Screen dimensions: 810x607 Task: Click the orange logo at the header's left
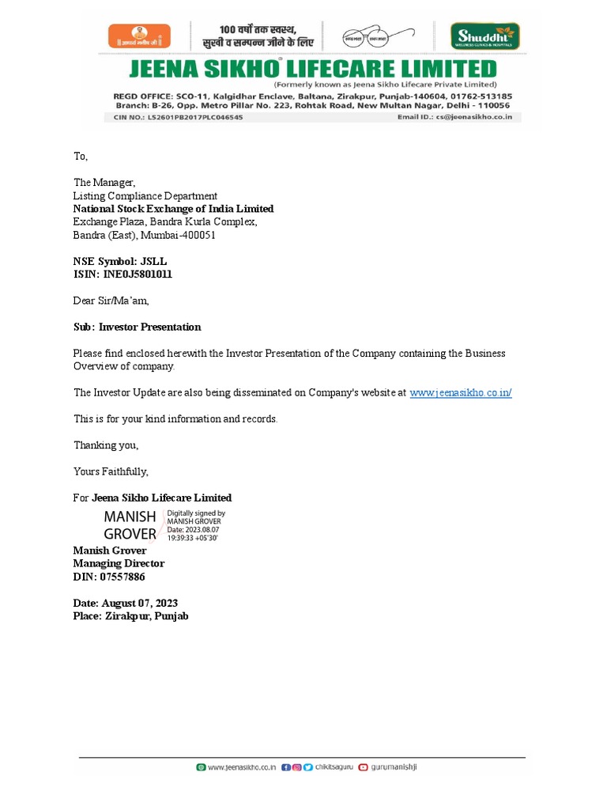[138, 35]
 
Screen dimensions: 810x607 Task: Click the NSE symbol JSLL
[153, 261]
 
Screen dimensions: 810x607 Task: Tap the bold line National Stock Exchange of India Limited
[173, 209]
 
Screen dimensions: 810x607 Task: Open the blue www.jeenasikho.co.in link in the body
[460, 392]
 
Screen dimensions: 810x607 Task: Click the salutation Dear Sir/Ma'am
[111, 301]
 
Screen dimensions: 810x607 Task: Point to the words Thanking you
[106, 445]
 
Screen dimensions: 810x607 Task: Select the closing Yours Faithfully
[111, 471]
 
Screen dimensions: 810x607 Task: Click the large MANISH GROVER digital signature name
[130, 525]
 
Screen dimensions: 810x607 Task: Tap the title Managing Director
[119, 563]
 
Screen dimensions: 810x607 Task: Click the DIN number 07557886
[122, 577]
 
